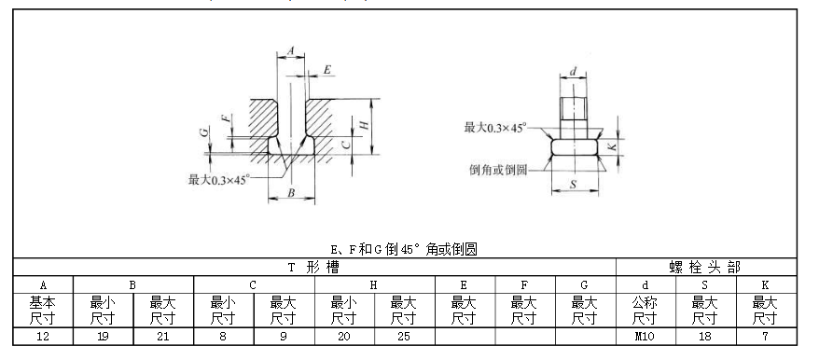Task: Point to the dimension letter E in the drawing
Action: (x=327, y=70)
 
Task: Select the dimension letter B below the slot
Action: (x=291, y=193)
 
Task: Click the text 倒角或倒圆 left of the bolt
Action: (x=499, y=170)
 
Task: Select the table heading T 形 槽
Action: (x=315, y=267)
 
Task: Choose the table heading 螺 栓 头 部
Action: (x=707, y=267)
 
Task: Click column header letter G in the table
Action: (x=585, y=283)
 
